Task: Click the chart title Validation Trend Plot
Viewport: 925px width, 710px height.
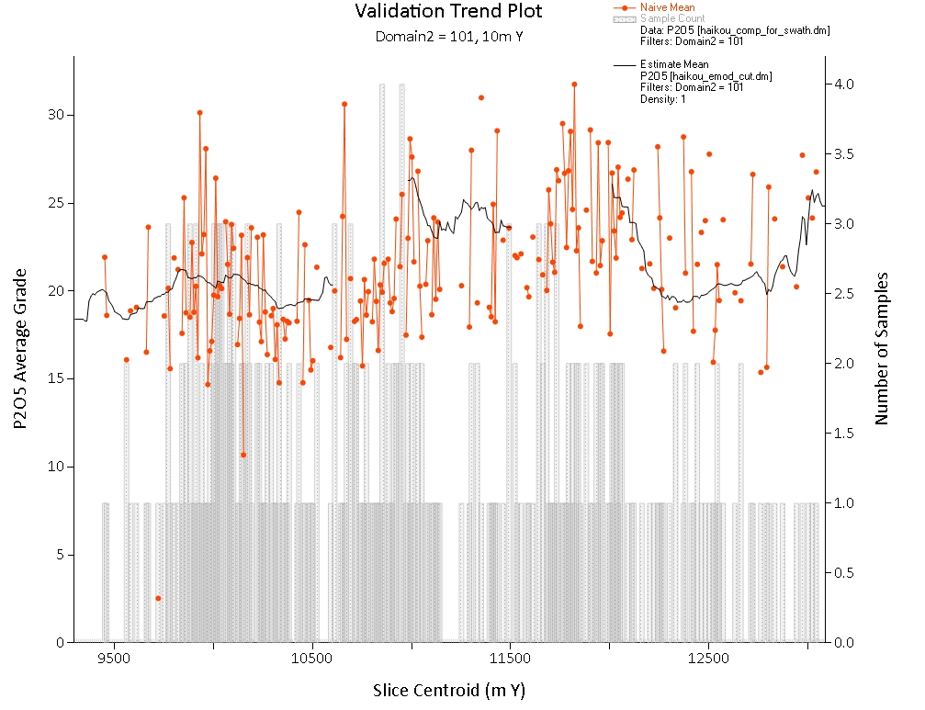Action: [x=448, y=12]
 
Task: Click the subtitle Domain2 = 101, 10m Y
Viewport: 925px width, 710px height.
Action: [x=448, y=37]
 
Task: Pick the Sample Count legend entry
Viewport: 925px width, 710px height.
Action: [x=672, y=18]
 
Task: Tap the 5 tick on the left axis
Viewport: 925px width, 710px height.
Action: [x=58, y=555]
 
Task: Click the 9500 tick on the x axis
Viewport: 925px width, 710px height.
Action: [x=113, y=659]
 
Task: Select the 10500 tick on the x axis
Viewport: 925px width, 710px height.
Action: [x=311, y=659]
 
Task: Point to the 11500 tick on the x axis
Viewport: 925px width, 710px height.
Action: [x=510, y=659]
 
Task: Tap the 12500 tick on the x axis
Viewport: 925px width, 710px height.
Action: [x=708, y=659]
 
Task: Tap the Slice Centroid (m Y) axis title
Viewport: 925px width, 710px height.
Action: [x=449, y=690]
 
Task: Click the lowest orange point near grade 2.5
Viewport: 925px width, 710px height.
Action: [x=158, y=598]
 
